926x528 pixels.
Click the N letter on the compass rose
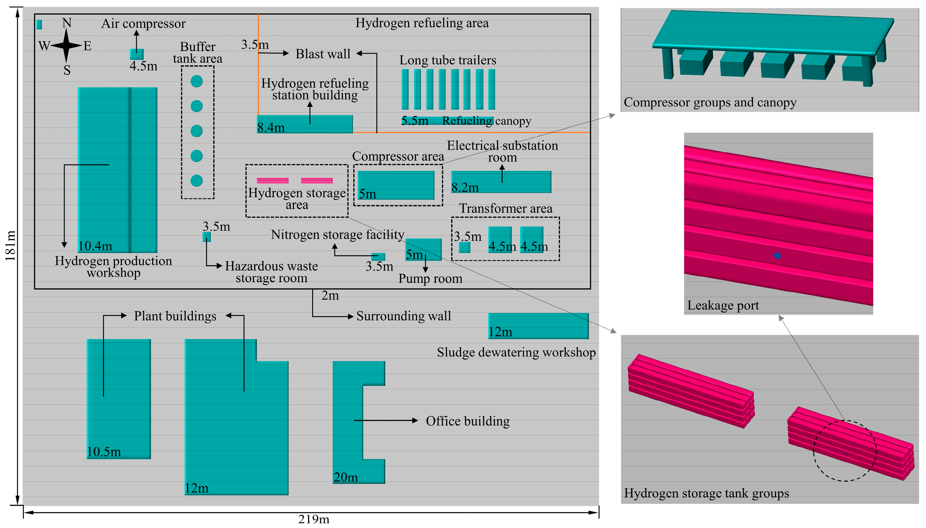(67, 23)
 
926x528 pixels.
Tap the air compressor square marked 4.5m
(137, 55)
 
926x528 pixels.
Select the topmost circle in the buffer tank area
(197, 81)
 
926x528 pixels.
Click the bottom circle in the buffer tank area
(197, 180)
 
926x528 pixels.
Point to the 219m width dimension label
(313, 519)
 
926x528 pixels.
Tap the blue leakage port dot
(777, 255)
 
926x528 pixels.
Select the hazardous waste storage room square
(206, 237)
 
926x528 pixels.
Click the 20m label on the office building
(345, 477)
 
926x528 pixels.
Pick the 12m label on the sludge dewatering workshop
(500, 332)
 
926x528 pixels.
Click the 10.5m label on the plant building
(104, 452)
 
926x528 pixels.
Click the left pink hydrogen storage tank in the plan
(272, 180)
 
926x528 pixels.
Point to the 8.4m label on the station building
(271, 128)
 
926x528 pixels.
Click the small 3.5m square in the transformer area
(464, 247)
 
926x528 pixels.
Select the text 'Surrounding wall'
(403, 316)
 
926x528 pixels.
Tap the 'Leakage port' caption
(723, 305)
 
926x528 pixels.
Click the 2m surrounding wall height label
(330, 296)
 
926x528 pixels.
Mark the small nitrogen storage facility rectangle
(378, 257)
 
